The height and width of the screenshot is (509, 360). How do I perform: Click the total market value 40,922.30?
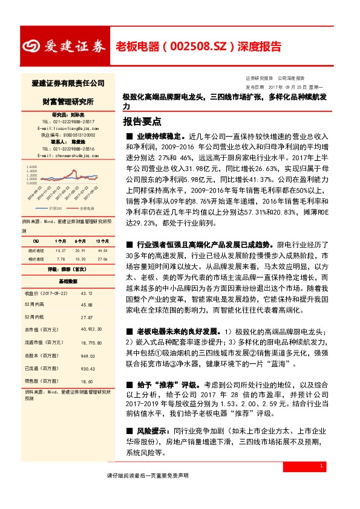(90, 329)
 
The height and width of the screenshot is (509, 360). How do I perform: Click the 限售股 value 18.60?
(87, 381)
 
